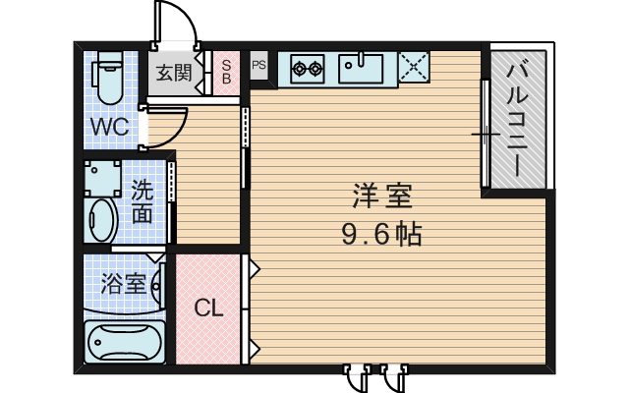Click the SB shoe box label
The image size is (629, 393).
pos(226,71)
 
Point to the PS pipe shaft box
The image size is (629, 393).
pos(259,66)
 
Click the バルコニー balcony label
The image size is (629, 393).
pos(518,118)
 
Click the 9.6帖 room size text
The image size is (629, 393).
pos(383,237)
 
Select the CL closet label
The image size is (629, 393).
pos(207,309)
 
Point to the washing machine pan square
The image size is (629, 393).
pos(101,178)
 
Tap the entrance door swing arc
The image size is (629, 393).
pos(177,25)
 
